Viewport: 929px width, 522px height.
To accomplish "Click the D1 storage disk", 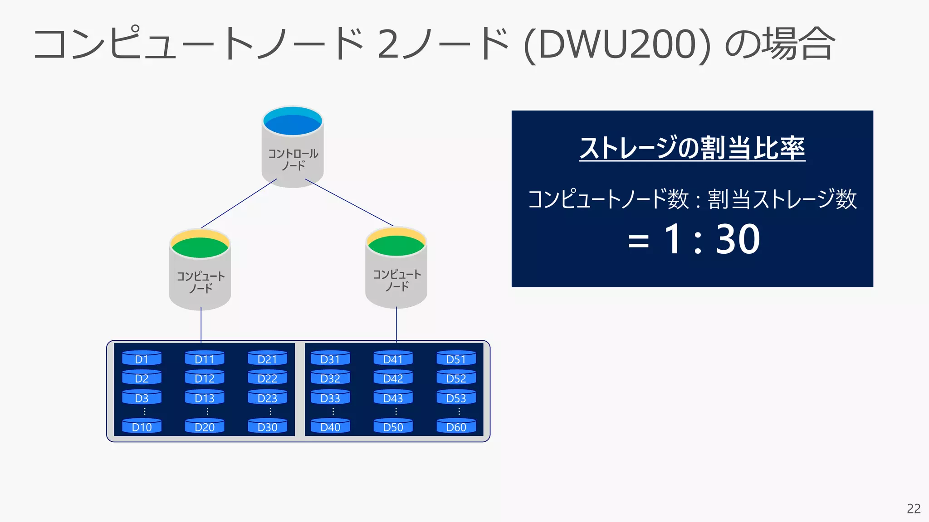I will pos(142,358).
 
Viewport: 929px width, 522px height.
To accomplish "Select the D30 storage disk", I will pos(267,426).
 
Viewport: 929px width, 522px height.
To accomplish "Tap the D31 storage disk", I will pos(330,358).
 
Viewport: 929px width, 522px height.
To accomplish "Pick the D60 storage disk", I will pos(456,426).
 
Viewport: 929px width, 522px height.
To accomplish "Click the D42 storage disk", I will pos(393,378).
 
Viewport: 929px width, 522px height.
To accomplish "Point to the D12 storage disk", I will pos(204,378).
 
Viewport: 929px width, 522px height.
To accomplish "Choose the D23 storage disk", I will pos(267,397).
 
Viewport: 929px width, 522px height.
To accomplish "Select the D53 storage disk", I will pos(456,397).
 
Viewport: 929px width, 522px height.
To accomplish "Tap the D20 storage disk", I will pos(204,426).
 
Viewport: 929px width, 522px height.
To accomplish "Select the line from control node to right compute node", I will pos(349,202).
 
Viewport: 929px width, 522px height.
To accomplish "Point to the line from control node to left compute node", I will pos(239,203).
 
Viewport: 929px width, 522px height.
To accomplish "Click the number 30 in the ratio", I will pos(738,239).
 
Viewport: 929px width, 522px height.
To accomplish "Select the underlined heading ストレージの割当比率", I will pos(692,148).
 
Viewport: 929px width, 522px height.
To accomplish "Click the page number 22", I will pos(914,508).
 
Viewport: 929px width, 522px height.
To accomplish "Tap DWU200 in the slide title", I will pos(617,44).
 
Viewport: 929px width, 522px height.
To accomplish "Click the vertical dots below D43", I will pos(396,411).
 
